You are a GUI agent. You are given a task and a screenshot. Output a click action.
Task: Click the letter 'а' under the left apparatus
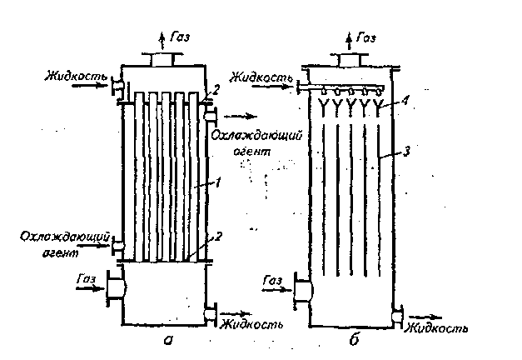(168, 340)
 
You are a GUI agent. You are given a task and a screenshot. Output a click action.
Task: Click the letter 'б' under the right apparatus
(354, 339)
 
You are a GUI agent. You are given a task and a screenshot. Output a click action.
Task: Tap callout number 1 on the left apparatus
(218, 182)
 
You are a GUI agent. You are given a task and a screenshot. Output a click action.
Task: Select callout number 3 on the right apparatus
(406, 152)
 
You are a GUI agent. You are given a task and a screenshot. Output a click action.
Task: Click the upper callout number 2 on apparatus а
(216, 90)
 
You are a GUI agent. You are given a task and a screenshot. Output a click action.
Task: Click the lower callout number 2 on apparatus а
(218, 237)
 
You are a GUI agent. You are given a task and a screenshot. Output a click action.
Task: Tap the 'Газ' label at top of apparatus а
(180, 37)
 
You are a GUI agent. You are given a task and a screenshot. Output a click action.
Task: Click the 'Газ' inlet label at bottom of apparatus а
(87, 278)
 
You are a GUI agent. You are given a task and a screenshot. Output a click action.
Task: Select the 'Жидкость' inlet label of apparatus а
(77, 77)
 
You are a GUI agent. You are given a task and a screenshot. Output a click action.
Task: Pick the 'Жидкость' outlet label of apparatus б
(436, 328)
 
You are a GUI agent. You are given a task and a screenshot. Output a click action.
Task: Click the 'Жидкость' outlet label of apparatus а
(252, 324)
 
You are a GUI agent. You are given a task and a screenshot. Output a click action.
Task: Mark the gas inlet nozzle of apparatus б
(303, 291)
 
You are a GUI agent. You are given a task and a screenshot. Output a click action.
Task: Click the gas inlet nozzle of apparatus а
(116, 287)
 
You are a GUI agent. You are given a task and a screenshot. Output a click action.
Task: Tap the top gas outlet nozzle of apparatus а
(162, 59)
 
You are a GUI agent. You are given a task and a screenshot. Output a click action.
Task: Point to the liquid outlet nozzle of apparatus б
(397, 315)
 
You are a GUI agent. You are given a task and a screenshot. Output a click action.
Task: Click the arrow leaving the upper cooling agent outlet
(241, 117)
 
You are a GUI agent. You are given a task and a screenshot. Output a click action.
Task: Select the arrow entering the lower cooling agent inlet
(93, 246)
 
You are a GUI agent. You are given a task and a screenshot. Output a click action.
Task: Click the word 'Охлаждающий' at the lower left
(65, 237)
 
